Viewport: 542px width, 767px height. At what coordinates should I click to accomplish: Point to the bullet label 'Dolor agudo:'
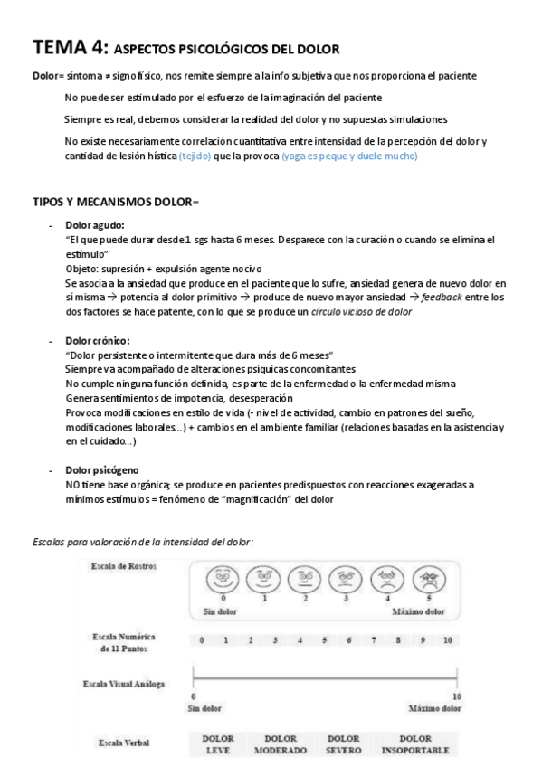click(95, 224)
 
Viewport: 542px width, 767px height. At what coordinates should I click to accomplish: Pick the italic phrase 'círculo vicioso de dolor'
click(361, 311)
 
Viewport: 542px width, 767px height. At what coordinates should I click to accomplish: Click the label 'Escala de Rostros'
click(123, 565)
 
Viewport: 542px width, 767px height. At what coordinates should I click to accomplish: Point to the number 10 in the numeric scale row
click(448, 640)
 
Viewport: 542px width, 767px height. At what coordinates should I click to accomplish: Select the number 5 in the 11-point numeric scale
click(324, 640)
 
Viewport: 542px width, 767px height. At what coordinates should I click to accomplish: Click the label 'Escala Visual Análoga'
click(123, 684)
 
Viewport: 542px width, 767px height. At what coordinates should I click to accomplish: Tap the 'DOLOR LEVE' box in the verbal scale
click(218, 743)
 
